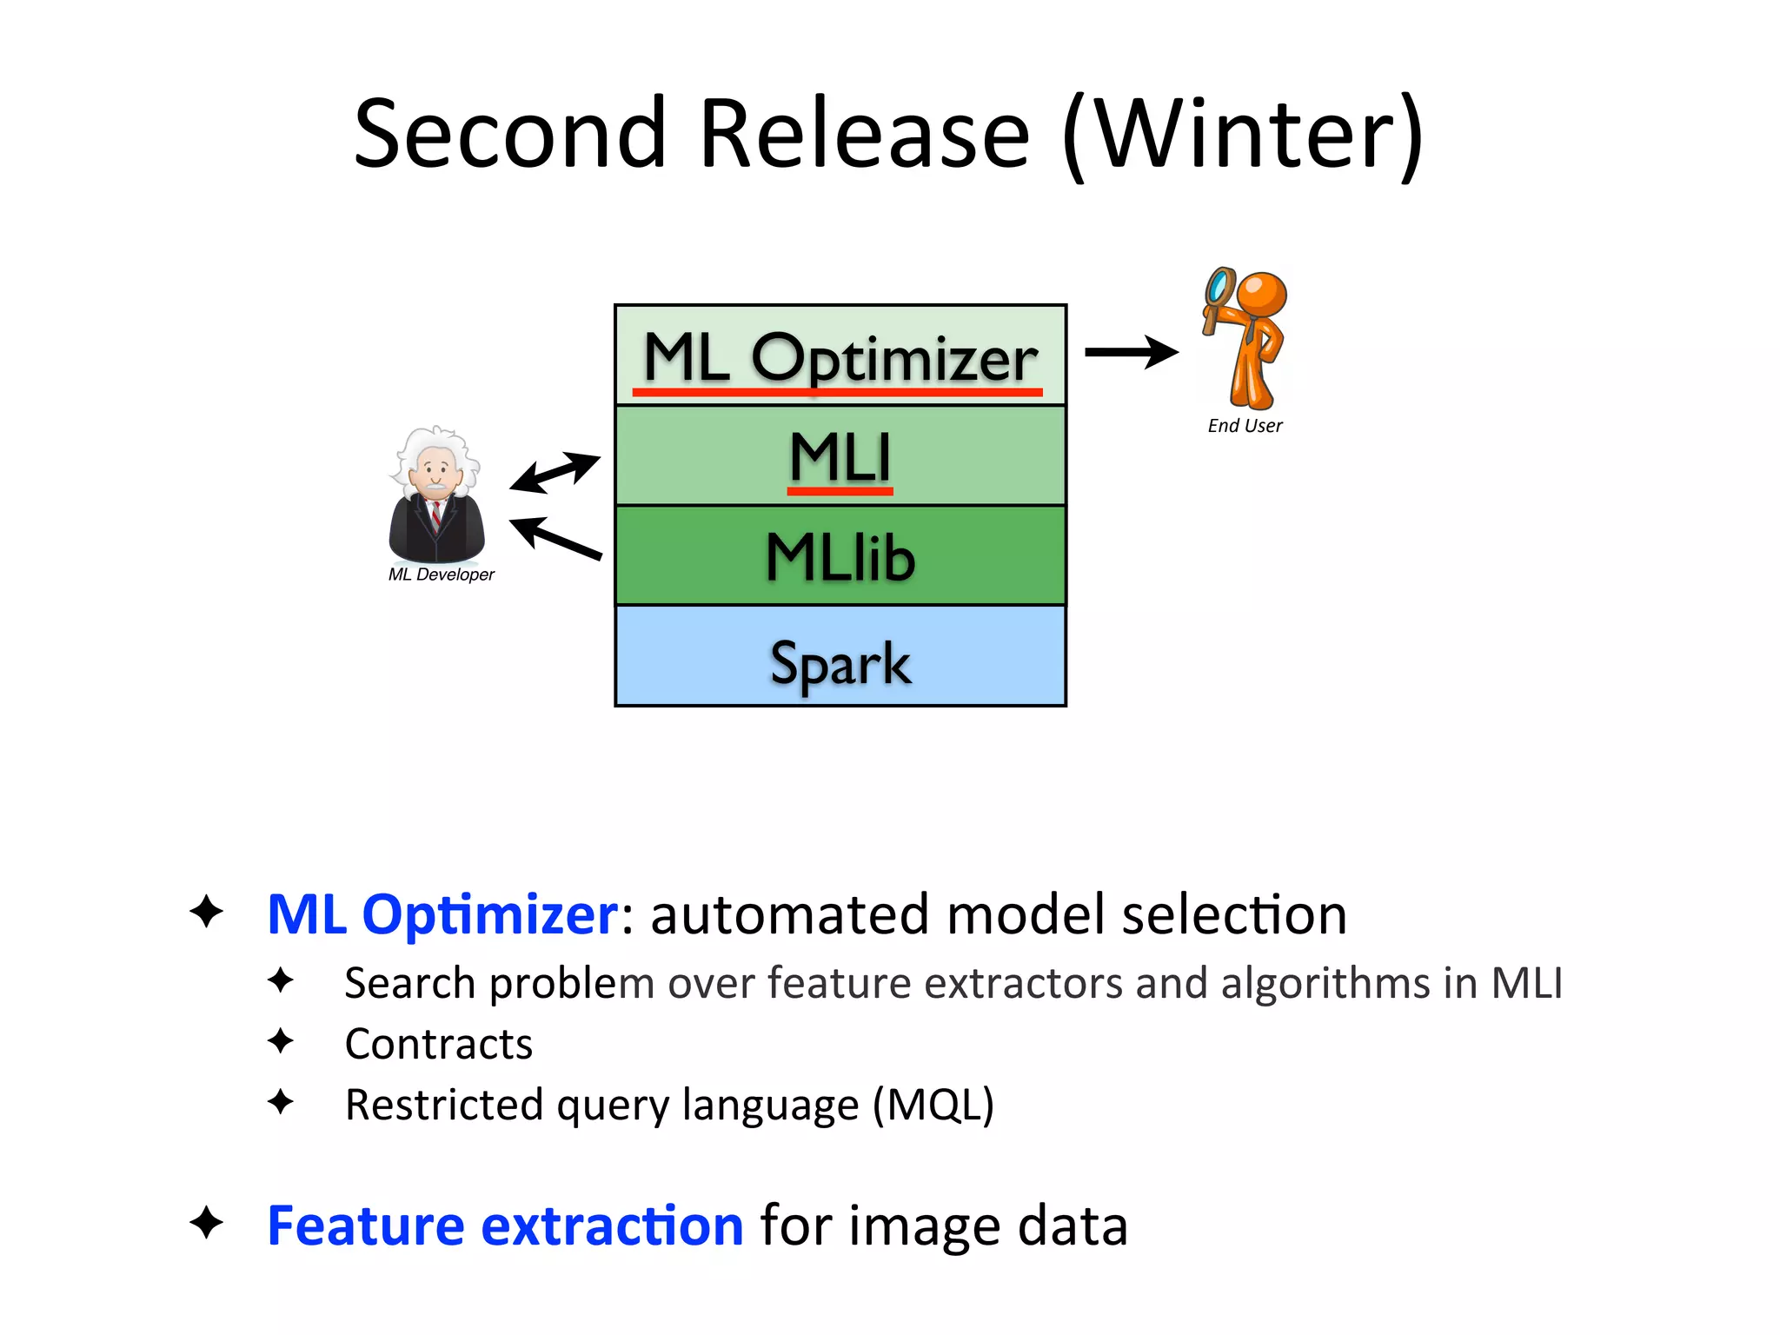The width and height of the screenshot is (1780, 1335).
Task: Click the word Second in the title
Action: pos(511,135)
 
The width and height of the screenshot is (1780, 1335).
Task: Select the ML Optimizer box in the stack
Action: pos(840,355)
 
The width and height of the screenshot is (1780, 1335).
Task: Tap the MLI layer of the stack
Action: pos(840,455)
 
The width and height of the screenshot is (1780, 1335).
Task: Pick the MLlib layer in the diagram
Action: pos(840,556)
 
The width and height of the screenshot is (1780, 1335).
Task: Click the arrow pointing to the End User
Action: pos(1131,352)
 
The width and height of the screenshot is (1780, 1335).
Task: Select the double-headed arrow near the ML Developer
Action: pos(555,472)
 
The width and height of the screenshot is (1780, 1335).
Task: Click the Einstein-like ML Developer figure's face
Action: pos(435,473)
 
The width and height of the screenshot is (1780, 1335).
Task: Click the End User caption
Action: pos(1245,426)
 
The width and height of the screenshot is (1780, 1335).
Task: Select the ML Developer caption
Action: pos(441,575)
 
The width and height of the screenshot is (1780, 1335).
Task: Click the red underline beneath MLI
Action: pos(840,492)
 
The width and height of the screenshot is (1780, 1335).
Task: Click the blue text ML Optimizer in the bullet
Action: pos(442,914)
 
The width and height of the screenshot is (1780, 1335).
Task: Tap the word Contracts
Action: pos(438,1044)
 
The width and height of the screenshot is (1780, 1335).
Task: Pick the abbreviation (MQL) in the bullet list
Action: pos(933,1105)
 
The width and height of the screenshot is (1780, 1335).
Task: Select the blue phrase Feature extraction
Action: pos(504,1225)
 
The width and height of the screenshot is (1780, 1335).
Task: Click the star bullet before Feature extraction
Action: pos(206,1223)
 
